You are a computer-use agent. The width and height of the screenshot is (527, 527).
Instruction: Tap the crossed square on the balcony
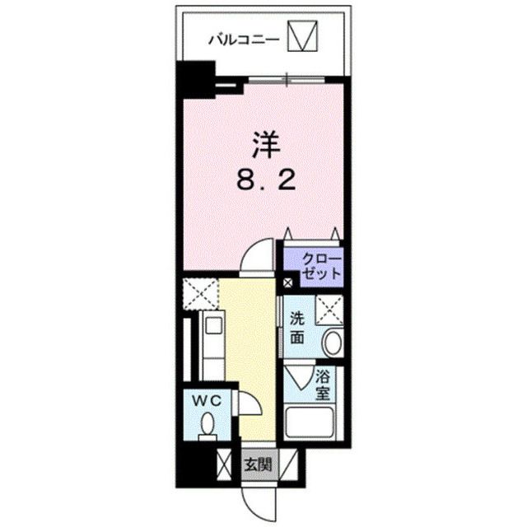[x=302, y=36]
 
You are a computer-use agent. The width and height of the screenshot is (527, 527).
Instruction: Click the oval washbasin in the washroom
[x=333, y=342]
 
